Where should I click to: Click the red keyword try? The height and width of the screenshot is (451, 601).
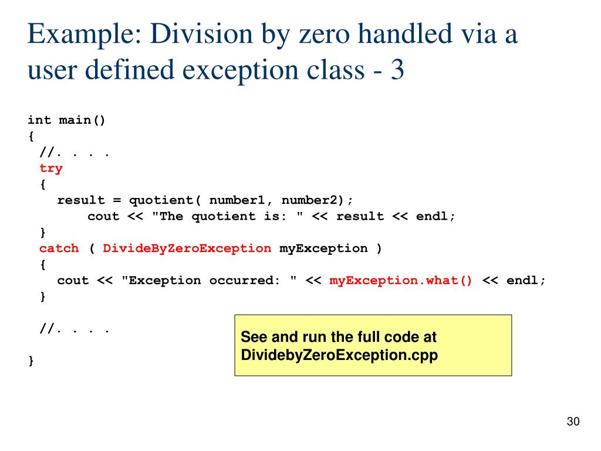click(x=51, y=168)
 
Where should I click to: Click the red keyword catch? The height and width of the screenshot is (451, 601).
click(x=59, y=248)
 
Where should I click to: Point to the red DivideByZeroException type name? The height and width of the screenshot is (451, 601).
click(x=187, y=248)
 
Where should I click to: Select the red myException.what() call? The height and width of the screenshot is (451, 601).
click(x=401, y=280)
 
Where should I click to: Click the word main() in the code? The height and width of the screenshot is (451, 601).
click(x=82, y=120)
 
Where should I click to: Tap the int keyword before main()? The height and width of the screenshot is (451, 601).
click(x=39, y=120)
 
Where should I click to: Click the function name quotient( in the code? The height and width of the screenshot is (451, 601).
click(x=164, y=200)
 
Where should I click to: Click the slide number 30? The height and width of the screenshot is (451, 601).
click(x=573, y=422)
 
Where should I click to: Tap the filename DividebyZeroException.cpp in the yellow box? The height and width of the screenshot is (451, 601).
click(x=339, y=355)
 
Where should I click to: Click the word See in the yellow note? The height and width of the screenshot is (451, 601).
click(x=254, y=338)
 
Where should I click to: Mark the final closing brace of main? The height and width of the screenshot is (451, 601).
click(x=31, y=361)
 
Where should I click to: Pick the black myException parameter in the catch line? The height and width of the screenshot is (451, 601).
click(x=323, y=248)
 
